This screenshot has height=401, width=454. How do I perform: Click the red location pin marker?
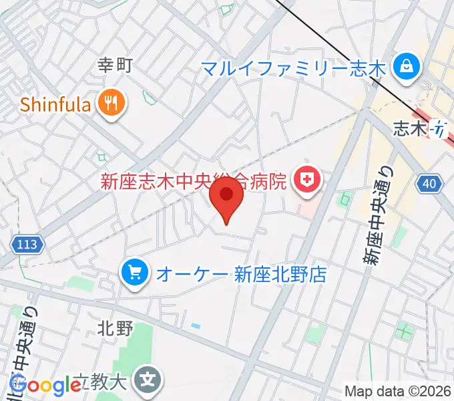pyautogui.click(x=227, y=199)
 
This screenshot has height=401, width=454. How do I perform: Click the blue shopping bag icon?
pyautogui.click(x=405, y=66)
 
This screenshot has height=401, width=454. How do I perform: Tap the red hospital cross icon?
pyautogui.click(x=308, y=180)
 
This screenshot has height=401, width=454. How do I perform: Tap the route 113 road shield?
pyautogui.click(x=28, y=245)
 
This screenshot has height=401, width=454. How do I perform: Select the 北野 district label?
pyautogui.click(x=116, y=328)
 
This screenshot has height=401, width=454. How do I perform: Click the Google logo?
pyautogui.click(x=45, y=385)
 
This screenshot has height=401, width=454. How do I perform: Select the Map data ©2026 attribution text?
pyautogui.click(x=398, y=392)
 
